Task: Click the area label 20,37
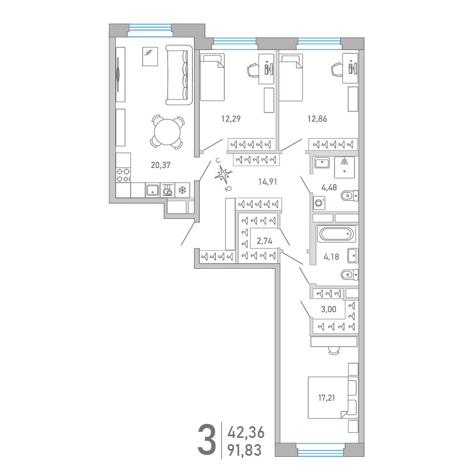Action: pyautogui.click(x=160, y=165)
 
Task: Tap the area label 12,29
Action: pyautogui.click(x=231, y=119)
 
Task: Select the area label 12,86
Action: pyautogui.click(x=317, y=119)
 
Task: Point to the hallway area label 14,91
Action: pyautogui.click(x=268, y=181)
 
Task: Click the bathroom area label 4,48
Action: pyautogui.click(x=329, y=188)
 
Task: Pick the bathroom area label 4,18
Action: pyautogui.click(x=331, y=257)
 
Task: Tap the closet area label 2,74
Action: pyautogui.click(x=264, y=241)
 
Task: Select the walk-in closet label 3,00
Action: pyautogui.click(x=328, y=309)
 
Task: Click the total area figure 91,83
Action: pyautogui.click(x=244, y=450)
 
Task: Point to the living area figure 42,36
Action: pyautogui.click(x=246, y=432)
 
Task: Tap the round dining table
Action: pyautogui.click(x=167, y=132)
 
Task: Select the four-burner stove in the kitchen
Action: pyautogui.click(x=124, y=175)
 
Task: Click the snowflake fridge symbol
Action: pyautogui.click(x=182, y=190)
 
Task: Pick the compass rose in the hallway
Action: pyautogui.click(x=224, y=175)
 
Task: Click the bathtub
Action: pyautogui.click(x=336, y=234)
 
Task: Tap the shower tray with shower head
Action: pyautogui.click(x=344, y=167)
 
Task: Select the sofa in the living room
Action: pyautogui.click(x=179, y=75)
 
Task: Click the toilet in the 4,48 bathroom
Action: pyautogui.click(x=349, y=196)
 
